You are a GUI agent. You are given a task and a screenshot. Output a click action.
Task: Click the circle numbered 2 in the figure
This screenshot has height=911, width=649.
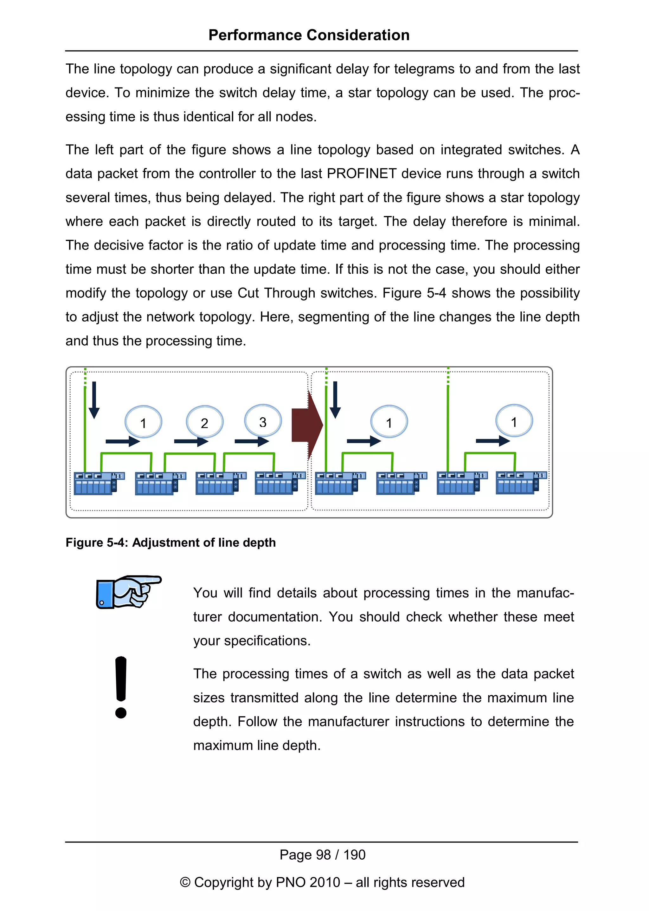coord(205,422)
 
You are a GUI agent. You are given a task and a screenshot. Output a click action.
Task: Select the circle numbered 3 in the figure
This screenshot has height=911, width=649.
coord(263,421)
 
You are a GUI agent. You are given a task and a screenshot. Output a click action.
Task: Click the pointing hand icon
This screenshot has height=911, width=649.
coord(128,592)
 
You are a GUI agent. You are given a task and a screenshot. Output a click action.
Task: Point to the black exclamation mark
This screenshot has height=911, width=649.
coord(121,687)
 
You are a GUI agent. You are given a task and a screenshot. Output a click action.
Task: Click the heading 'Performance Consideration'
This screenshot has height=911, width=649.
coord(309,35)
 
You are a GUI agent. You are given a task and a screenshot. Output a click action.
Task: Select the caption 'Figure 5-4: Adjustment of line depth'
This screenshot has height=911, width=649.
coord(170,542)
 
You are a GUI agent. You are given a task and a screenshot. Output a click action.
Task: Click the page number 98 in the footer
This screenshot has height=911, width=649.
coord(323,855)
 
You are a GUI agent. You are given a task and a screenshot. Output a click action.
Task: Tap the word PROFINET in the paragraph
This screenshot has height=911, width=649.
coord(361,173)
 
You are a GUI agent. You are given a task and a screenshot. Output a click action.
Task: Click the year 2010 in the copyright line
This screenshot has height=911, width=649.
coord(324,882)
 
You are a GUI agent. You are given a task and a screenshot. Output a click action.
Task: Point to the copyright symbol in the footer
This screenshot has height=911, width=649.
coord(185,882)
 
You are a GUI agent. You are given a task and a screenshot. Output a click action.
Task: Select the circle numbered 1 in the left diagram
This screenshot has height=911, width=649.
coord(144,422)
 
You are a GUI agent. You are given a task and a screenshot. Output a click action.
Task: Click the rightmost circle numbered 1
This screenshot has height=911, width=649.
coord(514,421)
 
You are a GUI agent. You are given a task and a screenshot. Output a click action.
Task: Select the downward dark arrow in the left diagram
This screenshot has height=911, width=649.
coord(94,400)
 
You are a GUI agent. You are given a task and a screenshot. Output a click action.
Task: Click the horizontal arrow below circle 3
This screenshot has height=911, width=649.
coord(252,441)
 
